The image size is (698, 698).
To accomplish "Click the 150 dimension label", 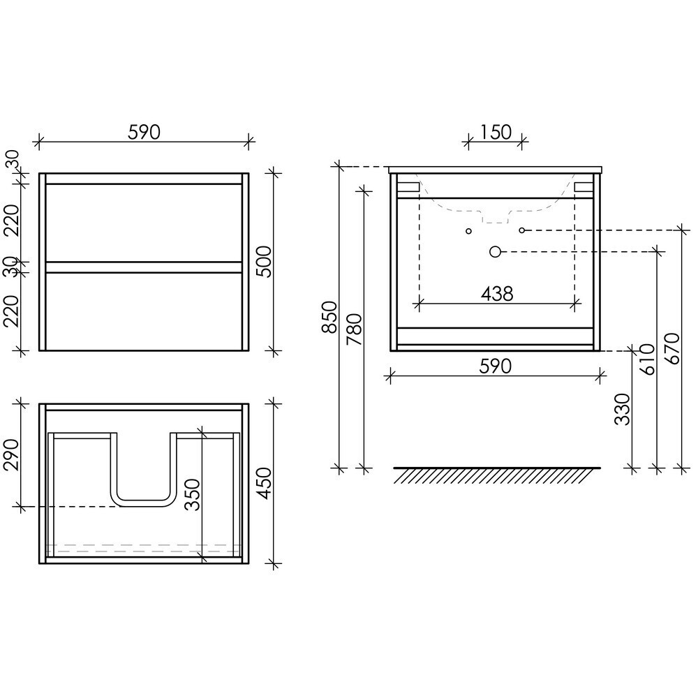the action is [496, 132].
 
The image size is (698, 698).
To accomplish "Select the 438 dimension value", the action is [497, 294].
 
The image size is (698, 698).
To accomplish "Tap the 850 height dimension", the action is [330, 318].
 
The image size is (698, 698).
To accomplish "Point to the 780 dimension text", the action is [355, 329].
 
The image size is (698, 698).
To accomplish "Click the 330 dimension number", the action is [623, 410].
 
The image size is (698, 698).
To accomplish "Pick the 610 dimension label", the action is [647, 359].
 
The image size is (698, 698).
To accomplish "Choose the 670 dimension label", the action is [672, 349].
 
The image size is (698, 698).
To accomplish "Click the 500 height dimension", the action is [264, 261].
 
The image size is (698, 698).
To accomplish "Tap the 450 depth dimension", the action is [264, 484].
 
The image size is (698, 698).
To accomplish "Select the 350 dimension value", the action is [192, 495].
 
